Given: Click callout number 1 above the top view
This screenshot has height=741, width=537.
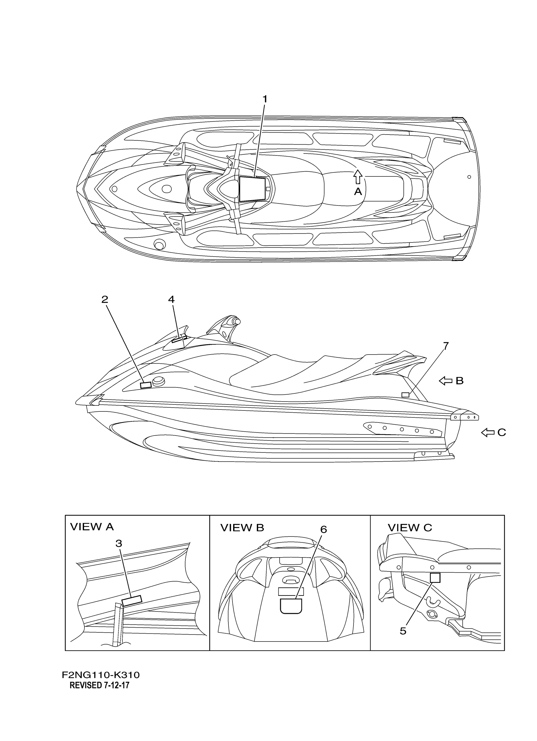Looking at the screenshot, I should [x=265, y=99].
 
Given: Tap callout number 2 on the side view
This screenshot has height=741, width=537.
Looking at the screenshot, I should [x=105, y=300].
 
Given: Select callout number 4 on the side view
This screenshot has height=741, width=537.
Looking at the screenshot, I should [x=171, y=299].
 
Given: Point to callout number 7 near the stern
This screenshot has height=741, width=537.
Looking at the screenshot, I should [x=446, y=346].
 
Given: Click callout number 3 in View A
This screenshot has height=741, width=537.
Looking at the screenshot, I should [x=119, y=544].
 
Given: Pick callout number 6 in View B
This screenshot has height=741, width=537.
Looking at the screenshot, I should [x=323, y=529].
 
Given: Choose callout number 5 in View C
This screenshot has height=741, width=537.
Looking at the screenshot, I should [x=403, y=631].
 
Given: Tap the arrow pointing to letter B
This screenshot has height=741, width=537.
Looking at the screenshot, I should [x=445, y=381].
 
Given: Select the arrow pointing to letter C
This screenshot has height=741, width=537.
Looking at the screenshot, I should [x=487, y=433].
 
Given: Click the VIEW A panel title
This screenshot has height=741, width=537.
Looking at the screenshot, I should [x=92, y=527].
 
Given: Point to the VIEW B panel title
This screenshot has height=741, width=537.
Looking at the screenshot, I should [x=242, y=528].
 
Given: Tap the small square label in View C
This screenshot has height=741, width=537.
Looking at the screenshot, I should [x=435, y=578].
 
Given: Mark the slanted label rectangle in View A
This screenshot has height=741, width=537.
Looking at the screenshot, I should [x=131, y=601].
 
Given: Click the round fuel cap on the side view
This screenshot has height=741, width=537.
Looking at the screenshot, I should [x=159, y=381].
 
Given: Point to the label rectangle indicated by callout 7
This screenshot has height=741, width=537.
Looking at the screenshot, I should [x=405, y=395].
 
